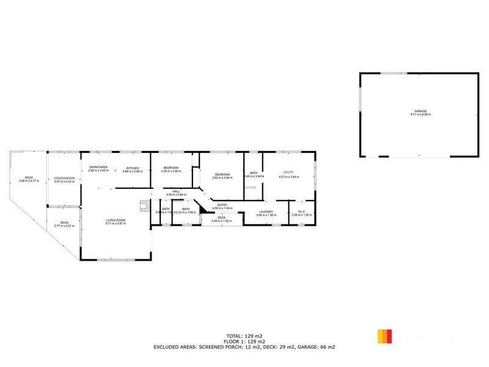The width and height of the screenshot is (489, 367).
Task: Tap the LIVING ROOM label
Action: [115, 220]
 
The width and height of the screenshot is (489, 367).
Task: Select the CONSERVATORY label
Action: [64, 178]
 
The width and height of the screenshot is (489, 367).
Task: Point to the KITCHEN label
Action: [133, 168]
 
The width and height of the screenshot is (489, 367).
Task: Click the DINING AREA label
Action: [98, 168]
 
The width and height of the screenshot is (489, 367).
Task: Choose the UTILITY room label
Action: [289, 172]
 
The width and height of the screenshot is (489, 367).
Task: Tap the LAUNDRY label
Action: [267, 212]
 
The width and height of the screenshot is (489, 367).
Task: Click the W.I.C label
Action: [303, 212]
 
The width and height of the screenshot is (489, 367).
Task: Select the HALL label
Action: [176, 191]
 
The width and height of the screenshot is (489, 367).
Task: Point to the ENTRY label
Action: [222, 205]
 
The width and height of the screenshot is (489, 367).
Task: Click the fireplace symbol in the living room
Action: [144, 206]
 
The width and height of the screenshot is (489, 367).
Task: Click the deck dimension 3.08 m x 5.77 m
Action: [29, 181]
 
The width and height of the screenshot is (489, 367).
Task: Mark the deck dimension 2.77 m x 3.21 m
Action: [64, 226]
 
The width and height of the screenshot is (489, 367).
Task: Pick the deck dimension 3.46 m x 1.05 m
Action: [222, 221]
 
